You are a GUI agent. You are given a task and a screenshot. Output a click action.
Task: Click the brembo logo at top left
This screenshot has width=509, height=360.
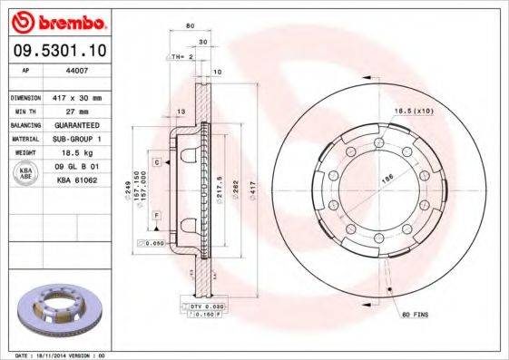point(56,21)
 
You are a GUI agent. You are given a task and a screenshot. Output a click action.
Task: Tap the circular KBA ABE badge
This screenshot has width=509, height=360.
point(27,174)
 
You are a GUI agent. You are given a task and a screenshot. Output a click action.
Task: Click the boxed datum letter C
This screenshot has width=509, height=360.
point(156,161)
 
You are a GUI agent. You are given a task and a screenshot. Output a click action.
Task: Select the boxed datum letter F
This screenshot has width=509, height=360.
point(156,214)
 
